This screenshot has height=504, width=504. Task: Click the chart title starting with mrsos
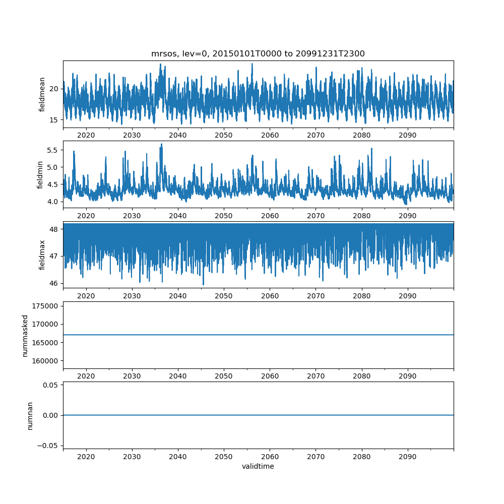click(x=258, y=53)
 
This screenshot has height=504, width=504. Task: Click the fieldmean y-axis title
click(x=42, y=94)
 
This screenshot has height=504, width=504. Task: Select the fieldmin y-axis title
click(x=40, y=174)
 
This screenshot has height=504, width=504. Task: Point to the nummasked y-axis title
click(x=25, y=335)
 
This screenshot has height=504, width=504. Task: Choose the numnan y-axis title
click(x=30, y=415)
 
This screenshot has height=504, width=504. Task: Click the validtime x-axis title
click(x=258, y=466)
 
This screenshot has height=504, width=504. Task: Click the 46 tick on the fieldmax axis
click(x=53, y=283)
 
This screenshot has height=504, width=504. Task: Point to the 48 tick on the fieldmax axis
click(x=53, y=229)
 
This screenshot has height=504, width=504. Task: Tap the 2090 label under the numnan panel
click(x=407, y=456)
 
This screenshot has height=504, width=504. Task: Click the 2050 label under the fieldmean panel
click(x=224, y=135)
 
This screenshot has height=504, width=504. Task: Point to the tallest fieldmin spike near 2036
click(x=161, y=144)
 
